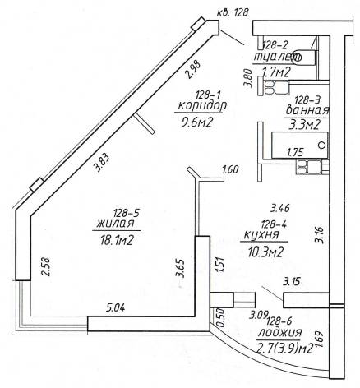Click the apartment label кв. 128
[233, 12]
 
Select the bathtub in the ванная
[299, 145]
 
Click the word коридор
[202, 106]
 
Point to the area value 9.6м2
[197, 122]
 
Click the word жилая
[115, 224]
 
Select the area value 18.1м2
[117, 241]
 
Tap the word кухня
[261, 235]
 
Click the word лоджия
[280, 333]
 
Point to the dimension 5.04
[115, 307]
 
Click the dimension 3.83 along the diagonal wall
[101, 163]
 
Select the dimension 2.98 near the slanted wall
[193, 70]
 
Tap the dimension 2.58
[45, 266]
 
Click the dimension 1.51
[219, 265]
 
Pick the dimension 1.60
[230, 169]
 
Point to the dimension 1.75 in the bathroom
[295, 152]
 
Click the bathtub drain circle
[322, 145]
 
